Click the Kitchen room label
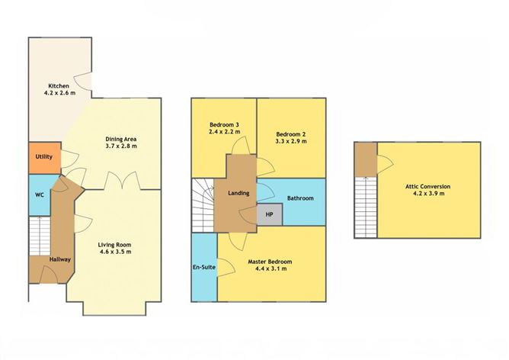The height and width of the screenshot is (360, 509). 59,86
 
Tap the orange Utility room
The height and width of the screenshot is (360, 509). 45,158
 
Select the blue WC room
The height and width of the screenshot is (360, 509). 40,195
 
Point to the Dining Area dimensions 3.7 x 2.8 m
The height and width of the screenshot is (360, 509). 121,146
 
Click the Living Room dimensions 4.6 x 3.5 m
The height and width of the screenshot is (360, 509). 115,252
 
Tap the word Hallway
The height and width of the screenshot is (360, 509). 60,259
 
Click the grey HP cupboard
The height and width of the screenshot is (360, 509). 270,214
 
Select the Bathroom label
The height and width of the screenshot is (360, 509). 300,198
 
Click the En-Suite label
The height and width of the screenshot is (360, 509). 204,267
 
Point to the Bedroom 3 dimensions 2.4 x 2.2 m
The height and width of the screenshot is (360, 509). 225,132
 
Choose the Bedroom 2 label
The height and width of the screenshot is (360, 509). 291,134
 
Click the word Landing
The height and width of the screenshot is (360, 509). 238,193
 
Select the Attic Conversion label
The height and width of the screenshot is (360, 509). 427,187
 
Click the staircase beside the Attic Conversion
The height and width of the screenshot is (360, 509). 366,207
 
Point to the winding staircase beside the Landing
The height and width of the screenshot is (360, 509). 203,205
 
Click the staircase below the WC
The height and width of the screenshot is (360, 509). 40,236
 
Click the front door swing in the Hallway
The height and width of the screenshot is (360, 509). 49,275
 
